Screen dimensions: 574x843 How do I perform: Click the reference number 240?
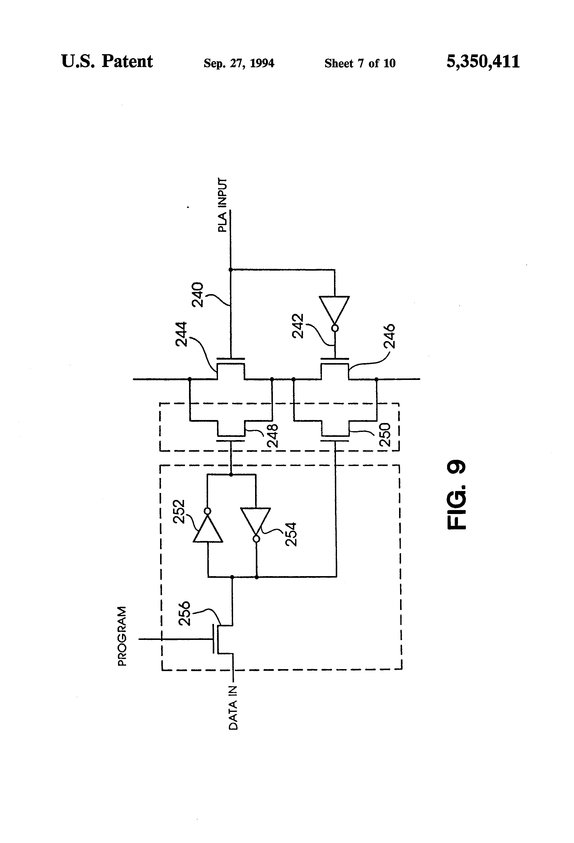pyautogui.click(x=198, y=295)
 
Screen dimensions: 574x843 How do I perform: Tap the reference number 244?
pyautogui.click(x=181, y=334)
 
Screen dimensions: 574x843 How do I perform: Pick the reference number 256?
pyautogui.click(x=184, y=613)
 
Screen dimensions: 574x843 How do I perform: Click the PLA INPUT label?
pyautogui.click(x=222, y=205)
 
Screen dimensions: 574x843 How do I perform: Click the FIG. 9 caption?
pyautogui.click(x=456, y=495)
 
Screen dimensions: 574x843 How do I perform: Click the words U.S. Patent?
pyautogui.click(x=107, y=61)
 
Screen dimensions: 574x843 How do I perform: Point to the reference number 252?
pyautogui.click(x=179, y=512)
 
